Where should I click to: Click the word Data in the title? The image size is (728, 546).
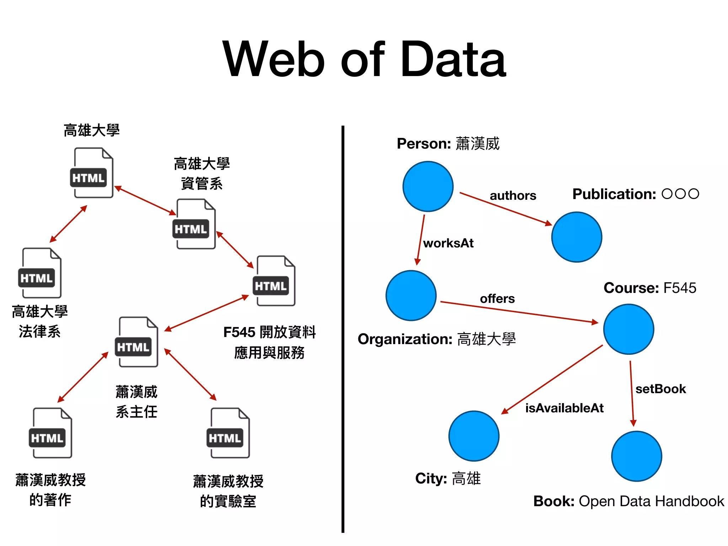coord(453,59)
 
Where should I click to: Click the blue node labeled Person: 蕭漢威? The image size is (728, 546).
coord(428,187)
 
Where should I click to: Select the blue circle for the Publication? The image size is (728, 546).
coord(577,237)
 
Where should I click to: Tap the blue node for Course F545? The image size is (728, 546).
coord(628,329)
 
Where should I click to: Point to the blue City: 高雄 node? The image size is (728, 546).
coord(474,436)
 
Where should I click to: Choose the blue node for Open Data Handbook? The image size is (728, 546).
coord(636,456)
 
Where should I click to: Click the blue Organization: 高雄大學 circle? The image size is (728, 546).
coord(411,295)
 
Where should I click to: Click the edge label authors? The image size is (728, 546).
coord(513,196)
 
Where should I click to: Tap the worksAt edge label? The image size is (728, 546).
coord(448,243)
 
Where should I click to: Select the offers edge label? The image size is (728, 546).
coord(497,299)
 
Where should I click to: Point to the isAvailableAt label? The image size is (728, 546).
coord(564,408)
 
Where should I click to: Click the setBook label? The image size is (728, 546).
coord(660,389)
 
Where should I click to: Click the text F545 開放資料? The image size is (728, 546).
coord(269,332)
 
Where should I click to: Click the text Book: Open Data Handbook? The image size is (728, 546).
coord(628,501)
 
